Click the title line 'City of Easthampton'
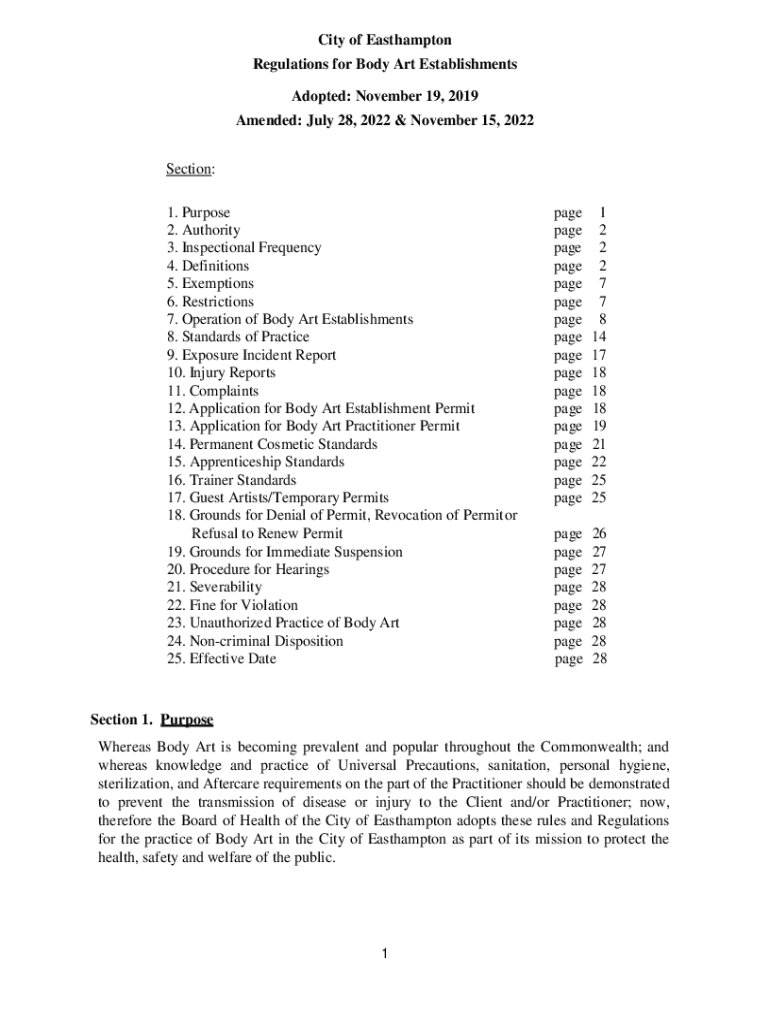(385, 40)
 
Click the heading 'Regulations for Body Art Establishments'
(385, 64)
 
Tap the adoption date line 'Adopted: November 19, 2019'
(385, 97)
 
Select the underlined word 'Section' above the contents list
(189, 169)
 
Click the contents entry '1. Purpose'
(199, 213)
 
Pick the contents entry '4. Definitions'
(208, 266)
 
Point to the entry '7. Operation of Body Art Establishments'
(290, 319)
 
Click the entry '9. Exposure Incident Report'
(252, 355)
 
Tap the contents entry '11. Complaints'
(213, 391)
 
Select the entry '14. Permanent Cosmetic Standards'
(272, 444)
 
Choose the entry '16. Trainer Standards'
(232, 480)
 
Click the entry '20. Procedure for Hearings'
(248, 569)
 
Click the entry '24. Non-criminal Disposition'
(255, 641)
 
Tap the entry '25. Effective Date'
(222, 659)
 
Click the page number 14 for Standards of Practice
(599, 337)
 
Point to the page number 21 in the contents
(599, 444)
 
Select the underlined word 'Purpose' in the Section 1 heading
(187, 720)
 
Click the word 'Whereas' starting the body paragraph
(123, 747)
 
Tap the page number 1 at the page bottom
(384, 954)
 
